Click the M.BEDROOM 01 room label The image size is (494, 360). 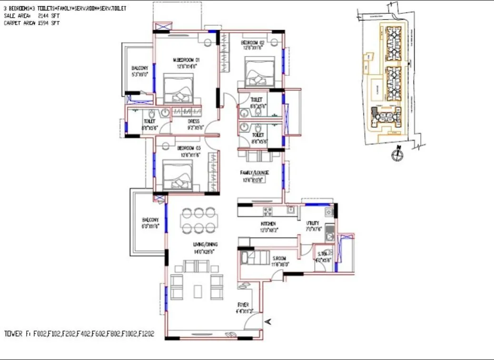[x=186, y=60]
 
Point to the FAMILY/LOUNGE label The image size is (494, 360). [x=254, y=173]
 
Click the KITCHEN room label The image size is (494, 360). [x=268, y=224]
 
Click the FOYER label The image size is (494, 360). [x=243, y=305]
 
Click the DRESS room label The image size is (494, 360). [x=194, y=121]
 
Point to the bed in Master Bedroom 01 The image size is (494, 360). [x=178, y=88]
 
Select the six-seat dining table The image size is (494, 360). [x=199, y=220]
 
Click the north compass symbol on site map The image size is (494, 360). [x=395, y=154]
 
